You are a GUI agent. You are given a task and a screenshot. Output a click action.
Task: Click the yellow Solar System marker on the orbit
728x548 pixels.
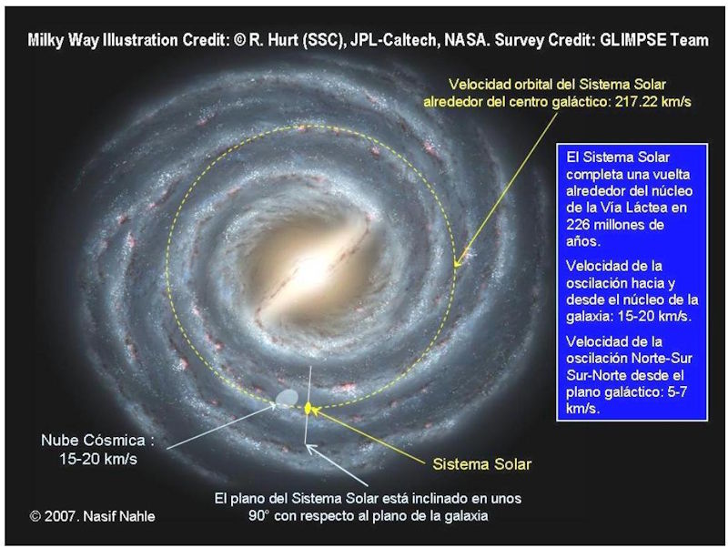[x=308, y=408]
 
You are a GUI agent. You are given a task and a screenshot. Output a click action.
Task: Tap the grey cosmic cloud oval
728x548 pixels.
[x=287, y=397]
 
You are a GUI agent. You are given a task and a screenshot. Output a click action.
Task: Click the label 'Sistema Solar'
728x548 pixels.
[x=482, y=464]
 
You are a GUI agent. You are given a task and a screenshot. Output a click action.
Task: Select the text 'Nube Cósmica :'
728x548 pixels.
[x=97, y=440]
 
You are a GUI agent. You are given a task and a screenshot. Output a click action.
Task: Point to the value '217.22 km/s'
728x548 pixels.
[x=653, y=101]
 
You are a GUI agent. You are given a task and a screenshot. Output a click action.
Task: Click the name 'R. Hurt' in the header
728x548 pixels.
[x=274, y=40]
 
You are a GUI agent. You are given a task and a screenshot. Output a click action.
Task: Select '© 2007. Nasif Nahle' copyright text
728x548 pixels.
[x=93, y=516]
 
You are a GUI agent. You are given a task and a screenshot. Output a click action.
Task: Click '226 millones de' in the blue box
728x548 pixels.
[x=615, y=225]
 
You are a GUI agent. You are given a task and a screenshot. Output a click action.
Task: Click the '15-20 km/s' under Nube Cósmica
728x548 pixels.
[x=98, y=459]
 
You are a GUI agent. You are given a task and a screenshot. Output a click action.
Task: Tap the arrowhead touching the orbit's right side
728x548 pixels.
[x=457, y=262]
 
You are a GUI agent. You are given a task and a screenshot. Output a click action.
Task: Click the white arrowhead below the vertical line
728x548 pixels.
[x=310, y=449]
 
